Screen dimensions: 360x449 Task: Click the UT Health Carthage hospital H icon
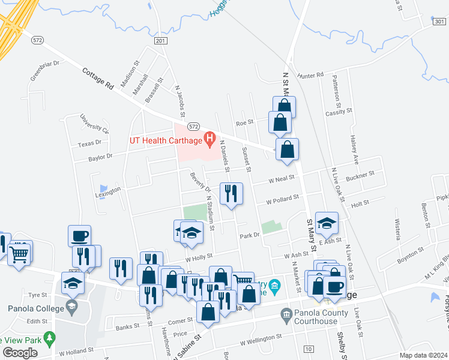(x=209, y=140)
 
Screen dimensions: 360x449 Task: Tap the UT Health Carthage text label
(x=166, y=141)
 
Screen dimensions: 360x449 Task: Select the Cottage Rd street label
(x=98, y=79)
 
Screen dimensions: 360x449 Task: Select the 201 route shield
(x=160, y=40)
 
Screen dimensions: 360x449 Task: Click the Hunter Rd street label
(x=310, y=76)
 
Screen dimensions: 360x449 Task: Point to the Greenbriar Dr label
(x=45, y=71)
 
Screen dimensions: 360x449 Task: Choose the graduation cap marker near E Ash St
(x=327, y=224)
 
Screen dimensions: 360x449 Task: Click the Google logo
(x=20, y=353)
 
